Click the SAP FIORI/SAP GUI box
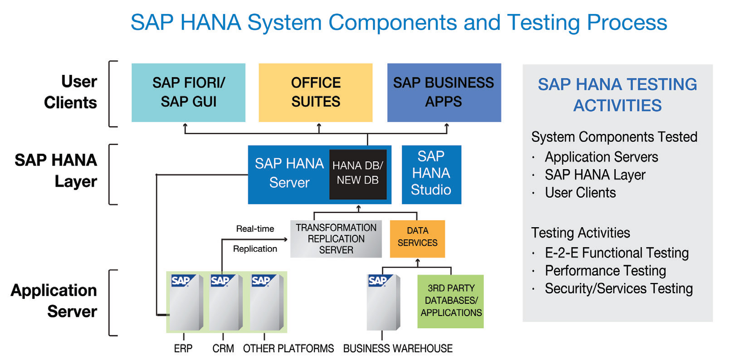click(188, 92)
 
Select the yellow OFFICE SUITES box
click(316, 92)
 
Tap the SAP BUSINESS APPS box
click(444, 92)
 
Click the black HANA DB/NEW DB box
click(358, 174)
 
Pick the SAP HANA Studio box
click(431, 175)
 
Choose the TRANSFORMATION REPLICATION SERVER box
click(336, 238)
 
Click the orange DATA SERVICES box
click(417, 238)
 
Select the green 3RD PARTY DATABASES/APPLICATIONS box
click(451, 302)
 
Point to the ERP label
click(183, 349)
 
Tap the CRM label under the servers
click(223, 349)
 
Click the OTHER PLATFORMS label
click(288, 349)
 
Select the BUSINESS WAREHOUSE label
click(398, 349)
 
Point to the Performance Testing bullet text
click(605, 271)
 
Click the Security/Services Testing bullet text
click(619, 289)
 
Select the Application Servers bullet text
click(601, 157)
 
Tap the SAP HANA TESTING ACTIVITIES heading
click(618, 95)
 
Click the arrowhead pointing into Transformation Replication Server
click(286, 239)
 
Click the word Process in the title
click(627, 23)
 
